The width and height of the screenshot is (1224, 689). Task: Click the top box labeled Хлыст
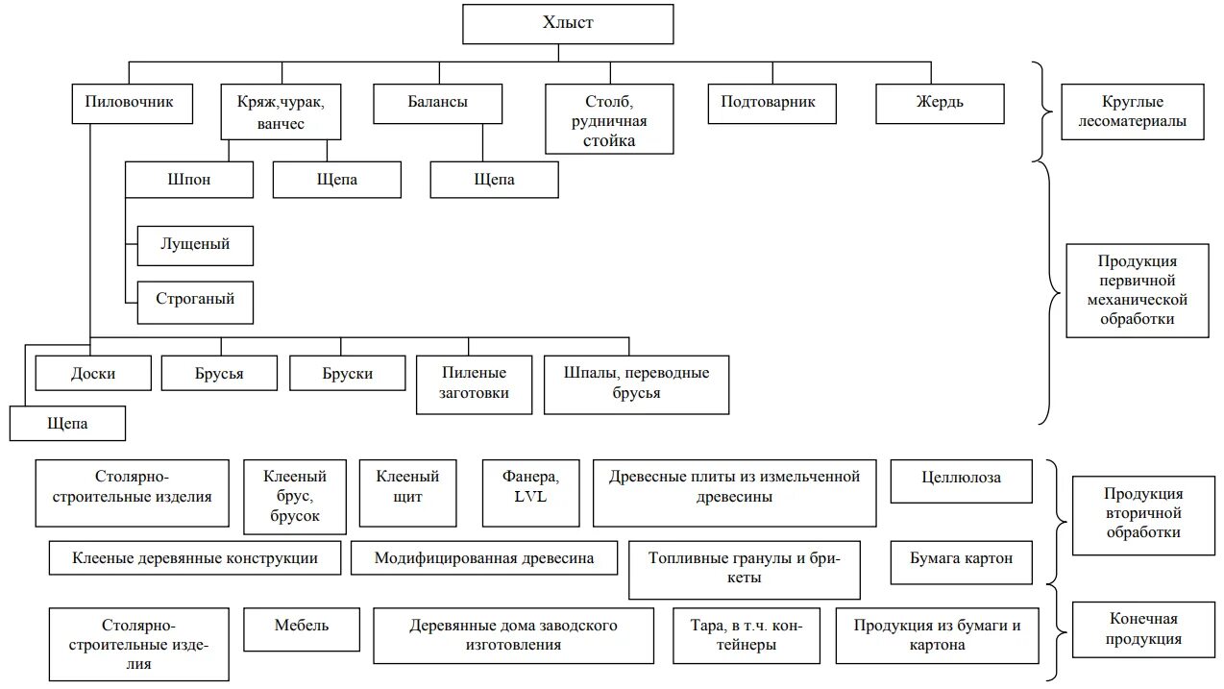tap(567, 24)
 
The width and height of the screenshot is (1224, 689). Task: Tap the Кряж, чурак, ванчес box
tap(281, 111)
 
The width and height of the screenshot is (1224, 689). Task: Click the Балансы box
tap(437, 103)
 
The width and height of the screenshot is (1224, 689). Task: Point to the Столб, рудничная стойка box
tap(609, 120)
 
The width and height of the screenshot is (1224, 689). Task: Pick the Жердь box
tap(940, 103)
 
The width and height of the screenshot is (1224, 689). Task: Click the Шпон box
tap(188, 180)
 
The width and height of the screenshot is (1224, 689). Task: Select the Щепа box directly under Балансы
tap(494, 180)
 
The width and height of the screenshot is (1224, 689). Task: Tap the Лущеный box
tap(195, 245)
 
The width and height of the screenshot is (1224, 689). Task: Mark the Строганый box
tap(195, 300)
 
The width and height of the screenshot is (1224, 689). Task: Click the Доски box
tap(93, 373)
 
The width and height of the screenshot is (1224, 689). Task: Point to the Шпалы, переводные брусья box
tap(636, 384)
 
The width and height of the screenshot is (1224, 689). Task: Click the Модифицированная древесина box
tap(483, 558)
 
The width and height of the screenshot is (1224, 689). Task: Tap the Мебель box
tap(302, 627)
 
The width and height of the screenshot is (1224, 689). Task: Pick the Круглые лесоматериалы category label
tap(1132, 111)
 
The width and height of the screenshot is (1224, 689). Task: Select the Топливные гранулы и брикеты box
tap(744, 569)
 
